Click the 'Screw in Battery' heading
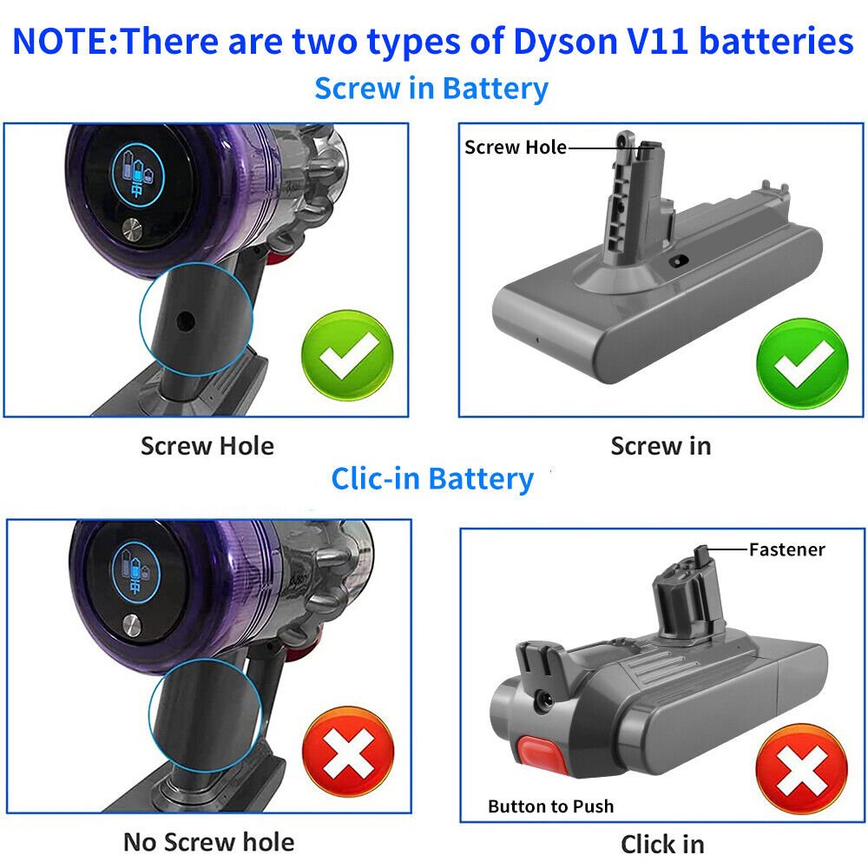[431, 89]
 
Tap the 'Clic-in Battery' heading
[432, 478]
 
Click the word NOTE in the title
[60, 42]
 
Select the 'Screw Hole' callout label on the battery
[515, 147]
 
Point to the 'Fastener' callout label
[786, 549]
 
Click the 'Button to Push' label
[550, 806]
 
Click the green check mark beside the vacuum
[347, 356]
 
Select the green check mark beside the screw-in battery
[802, 359]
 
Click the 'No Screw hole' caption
[208, 841]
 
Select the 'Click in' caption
[662, 843]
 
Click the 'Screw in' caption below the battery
[661, 446]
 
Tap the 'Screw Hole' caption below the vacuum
[207, 446]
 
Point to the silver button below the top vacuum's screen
[131, 231]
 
